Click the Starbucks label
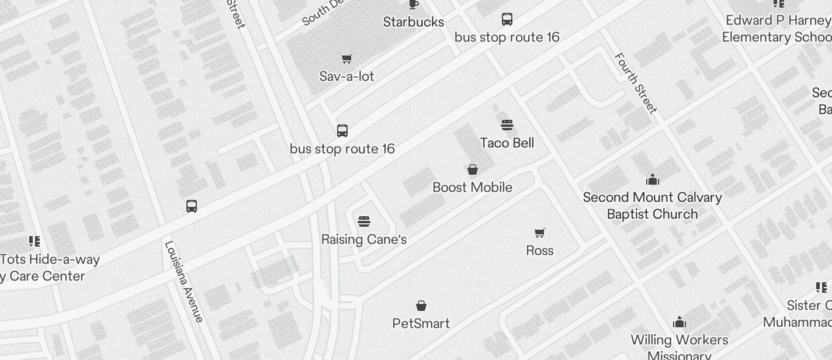[414, 22]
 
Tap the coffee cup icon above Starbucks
[414, 4]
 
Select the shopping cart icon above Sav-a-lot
[347, 58]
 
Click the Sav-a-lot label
[347, 77]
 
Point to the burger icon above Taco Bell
[507, 125]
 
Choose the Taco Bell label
[507, 143]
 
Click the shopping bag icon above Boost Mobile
[473, 169]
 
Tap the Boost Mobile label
[473, 188]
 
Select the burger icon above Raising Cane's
[364, 221]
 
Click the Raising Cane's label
[364, 240]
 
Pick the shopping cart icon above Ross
[540, 233]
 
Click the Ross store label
[540, 251]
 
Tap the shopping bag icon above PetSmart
[421, 306]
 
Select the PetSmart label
[421, 324]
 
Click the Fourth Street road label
[636, 84]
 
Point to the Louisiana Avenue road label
[185, 282]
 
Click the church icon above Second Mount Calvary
[653, 179]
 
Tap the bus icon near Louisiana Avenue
[192, 206]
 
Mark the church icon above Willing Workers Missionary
[680, 322]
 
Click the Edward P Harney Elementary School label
[777, 29]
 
